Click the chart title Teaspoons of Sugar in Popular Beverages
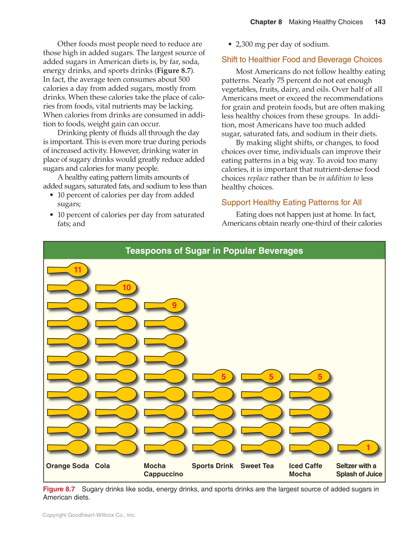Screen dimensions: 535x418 tap(214, 251)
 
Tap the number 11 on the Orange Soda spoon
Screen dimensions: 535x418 tap(77, 270)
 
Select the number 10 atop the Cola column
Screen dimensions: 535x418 tap(127, 287)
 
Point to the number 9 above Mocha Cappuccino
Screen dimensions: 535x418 tap(174, 306)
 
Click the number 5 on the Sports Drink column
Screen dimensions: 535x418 tap(223, 377)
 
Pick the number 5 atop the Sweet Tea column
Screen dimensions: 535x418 tap(271, 377)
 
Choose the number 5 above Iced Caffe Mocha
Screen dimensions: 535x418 tap(320, 377)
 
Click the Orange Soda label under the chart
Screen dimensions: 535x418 tap(67, 466)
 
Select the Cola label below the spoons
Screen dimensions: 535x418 tap(102, 466)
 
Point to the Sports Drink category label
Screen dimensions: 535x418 tap(212, 466)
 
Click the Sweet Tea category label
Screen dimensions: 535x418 tap(257, 466)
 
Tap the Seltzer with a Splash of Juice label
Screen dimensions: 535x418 tap(359, 470)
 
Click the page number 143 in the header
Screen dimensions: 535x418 tap(380, 22)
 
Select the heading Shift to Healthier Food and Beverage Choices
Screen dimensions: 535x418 tap(302, 60)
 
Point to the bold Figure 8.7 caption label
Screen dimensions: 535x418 tap(59, 489)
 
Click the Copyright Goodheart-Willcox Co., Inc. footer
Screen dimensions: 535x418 tap(89, 515)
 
